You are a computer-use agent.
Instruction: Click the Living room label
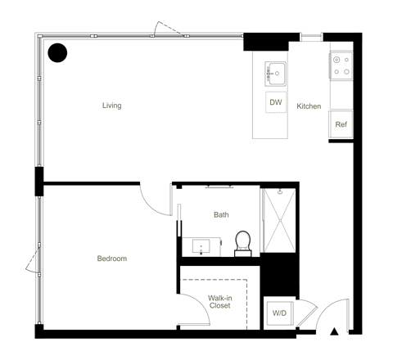(112, 106)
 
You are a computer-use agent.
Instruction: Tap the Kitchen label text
(309, 106)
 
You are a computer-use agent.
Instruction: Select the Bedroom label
(112, 259)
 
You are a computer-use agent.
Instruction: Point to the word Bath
(221, 215)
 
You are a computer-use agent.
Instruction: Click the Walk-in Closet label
(220, 302)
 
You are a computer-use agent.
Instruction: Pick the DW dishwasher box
(276, 102)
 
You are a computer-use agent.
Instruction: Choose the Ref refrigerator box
(341, 124)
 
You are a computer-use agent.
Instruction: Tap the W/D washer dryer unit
(280, 313)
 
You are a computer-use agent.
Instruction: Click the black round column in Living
(57, 53)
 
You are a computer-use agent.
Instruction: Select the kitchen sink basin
(275, 74)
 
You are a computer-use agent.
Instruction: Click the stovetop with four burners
(341, 65)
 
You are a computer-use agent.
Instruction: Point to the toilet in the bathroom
(243, 244)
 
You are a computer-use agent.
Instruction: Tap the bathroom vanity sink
(201, 246)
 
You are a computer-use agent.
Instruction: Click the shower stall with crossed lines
(279, 220)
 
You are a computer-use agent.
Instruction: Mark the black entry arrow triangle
(334, 331)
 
